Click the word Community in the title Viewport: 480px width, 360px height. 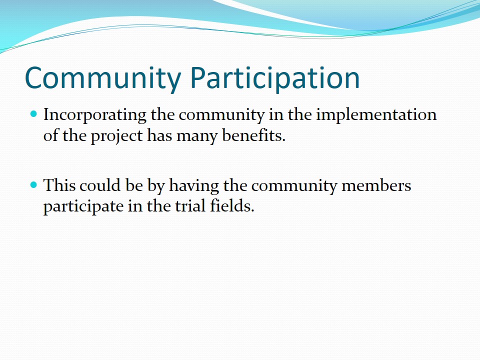pos(103,78)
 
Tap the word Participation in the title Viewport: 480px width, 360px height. pos(275,78)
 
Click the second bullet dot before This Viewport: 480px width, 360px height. pos(33,185)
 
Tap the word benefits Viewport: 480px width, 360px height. pos(254,135)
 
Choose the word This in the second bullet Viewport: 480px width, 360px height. pos(59,185)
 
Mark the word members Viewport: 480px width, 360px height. pos(376,185)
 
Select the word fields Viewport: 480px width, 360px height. pos(232,205)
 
